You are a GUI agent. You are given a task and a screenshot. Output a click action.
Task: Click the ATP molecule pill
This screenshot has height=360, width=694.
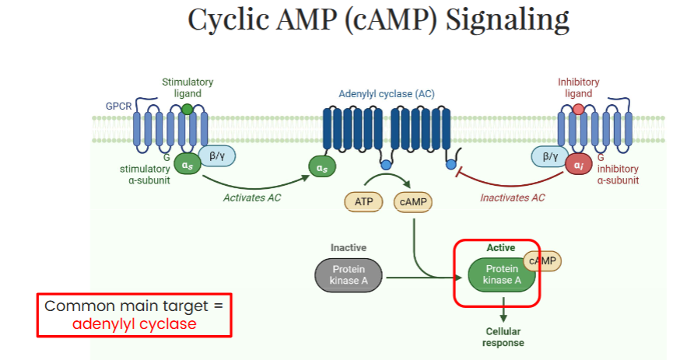coord(363,201)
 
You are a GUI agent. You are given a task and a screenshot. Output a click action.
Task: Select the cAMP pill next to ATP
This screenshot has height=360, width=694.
coord(413,201)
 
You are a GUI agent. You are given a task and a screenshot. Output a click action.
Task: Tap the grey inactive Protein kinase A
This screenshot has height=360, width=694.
coord(349,275)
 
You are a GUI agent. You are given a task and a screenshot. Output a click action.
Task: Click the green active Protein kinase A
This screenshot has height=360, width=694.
coord(502,275)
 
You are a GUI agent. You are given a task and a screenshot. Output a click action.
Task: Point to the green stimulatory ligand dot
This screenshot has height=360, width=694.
coord(188,109)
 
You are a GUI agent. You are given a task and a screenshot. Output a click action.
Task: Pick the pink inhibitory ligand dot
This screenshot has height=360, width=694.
coord(579,109)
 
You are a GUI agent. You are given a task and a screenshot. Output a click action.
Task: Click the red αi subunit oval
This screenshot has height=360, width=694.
coord(579,165)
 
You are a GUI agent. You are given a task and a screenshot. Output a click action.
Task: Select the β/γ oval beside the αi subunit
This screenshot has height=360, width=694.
coord(550,156)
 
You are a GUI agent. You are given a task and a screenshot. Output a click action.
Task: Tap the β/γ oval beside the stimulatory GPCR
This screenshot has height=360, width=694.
coord(217,156)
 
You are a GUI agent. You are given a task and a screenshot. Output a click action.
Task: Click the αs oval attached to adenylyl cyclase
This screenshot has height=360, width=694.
coord(322,167)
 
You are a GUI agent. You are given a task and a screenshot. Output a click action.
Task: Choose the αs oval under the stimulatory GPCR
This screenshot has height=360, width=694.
coord(188,164)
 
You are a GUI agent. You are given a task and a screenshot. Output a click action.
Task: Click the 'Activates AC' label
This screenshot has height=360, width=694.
coord(252,197)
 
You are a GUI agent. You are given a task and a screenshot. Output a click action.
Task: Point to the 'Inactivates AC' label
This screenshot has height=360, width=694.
coord(513,197)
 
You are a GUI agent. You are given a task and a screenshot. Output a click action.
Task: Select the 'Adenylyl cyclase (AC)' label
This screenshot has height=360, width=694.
coord(387,94)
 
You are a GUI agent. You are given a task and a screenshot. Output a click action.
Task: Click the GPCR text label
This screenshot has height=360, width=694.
coord(118,107)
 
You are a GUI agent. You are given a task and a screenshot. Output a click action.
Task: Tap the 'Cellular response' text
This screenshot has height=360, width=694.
coord(503,337)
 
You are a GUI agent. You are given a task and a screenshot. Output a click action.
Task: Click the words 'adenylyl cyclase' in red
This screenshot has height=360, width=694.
coord(134,323)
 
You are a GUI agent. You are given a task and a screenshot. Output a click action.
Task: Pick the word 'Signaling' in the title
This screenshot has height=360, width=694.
coord(507,20)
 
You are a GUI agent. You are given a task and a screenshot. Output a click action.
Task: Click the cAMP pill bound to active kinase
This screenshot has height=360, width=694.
coord(542,261)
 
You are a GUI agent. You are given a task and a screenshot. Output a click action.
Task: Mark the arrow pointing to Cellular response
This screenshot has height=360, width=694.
coord(503,309)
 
